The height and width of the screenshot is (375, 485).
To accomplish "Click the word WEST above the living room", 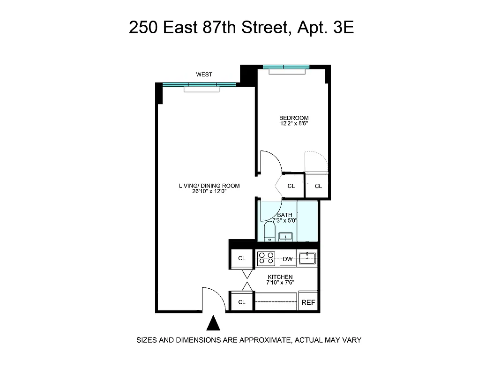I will [204, 75].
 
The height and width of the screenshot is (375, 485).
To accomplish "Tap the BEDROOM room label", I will [294, 118].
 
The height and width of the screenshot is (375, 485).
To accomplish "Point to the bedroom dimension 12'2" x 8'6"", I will [294, 124].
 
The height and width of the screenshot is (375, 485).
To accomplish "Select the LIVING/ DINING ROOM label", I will [209, 186].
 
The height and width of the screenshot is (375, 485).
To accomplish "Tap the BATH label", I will [284, 215].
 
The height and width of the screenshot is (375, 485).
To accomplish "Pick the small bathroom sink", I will [285, 236].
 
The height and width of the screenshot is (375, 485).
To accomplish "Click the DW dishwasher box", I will [288, 258].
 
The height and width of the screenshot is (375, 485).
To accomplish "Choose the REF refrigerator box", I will [308, 303].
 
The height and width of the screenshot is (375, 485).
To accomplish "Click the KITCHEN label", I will [280, 277].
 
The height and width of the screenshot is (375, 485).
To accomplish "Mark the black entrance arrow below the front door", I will [213, 323].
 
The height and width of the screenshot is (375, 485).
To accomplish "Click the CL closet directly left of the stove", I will [242, 258].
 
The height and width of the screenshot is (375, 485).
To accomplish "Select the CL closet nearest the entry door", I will [242, 302].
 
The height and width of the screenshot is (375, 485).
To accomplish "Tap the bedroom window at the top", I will [286, 67].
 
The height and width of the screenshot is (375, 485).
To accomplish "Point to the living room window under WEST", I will [199, 85].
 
